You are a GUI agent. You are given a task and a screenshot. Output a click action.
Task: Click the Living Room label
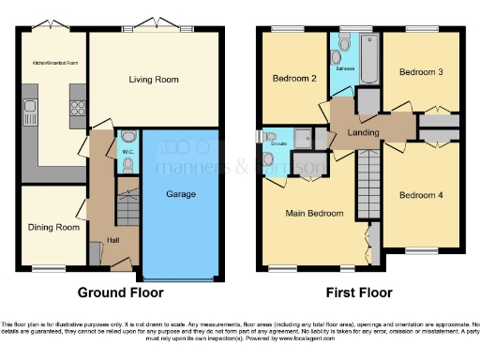(x=154, y=80)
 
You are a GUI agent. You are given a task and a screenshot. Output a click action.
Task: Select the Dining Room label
(x=52, y=228)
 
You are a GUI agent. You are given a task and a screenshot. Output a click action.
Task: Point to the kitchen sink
(x=31, y=114)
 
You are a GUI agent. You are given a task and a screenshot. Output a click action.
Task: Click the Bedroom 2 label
(x=293, y=79)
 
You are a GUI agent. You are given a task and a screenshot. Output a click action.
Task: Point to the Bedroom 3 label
(x=421, y=71)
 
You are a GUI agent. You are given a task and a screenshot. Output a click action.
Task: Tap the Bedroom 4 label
(x=421, y=196)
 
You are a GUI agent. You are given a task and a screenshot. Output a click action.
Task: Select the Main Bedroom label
(x=310, y=214)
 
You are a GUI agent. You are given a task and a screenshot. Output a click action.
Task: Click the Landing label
(x=365, y=132)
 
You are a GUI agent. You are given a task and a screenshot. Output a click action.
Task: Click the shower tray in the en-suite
(x=304, y=140)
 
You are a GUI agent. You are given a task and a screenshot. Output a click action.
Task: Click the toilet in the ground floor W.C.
(x=127, y=163)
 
